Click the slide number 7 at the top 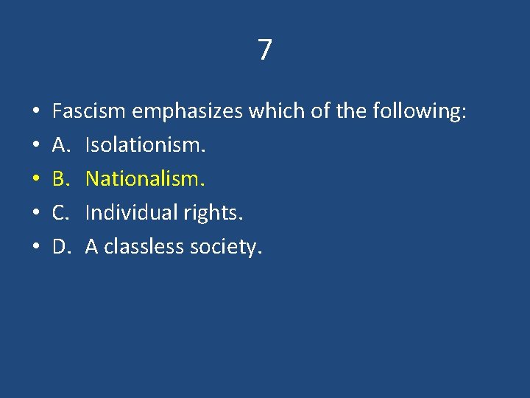point(265,50)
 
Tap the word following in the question point(419,112)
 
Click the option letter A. point(61,145)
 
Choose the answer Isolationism point(145,145)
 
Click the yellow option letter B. point(61,179)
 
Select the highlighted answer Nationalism point(145,179)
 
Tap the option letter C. point(60,213)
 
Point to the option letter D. point(61,247)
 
